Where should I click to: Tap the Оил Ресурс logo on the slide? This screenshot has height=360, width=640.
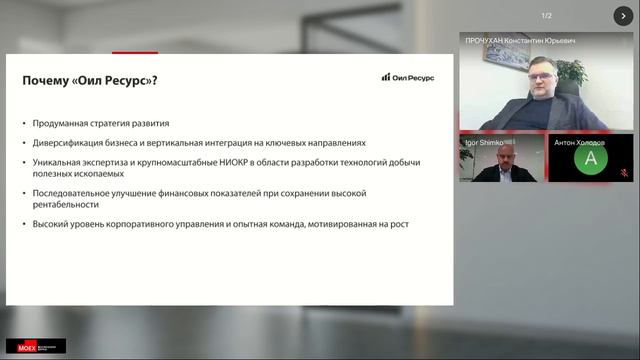coord(407,77)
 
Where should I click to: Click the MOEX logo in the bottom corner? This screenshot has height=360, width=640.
coord(35,346)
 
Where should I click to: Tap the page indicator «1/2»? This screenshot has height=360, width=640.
coord(547,15)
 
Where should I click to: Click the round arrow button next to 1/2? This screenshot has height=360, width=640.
coord(619,15)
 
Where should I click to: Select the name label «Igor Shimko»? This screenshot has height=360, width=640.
coord(485,142)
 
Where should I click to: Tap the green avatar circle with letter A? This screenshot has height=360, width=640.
coord(591,158)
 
